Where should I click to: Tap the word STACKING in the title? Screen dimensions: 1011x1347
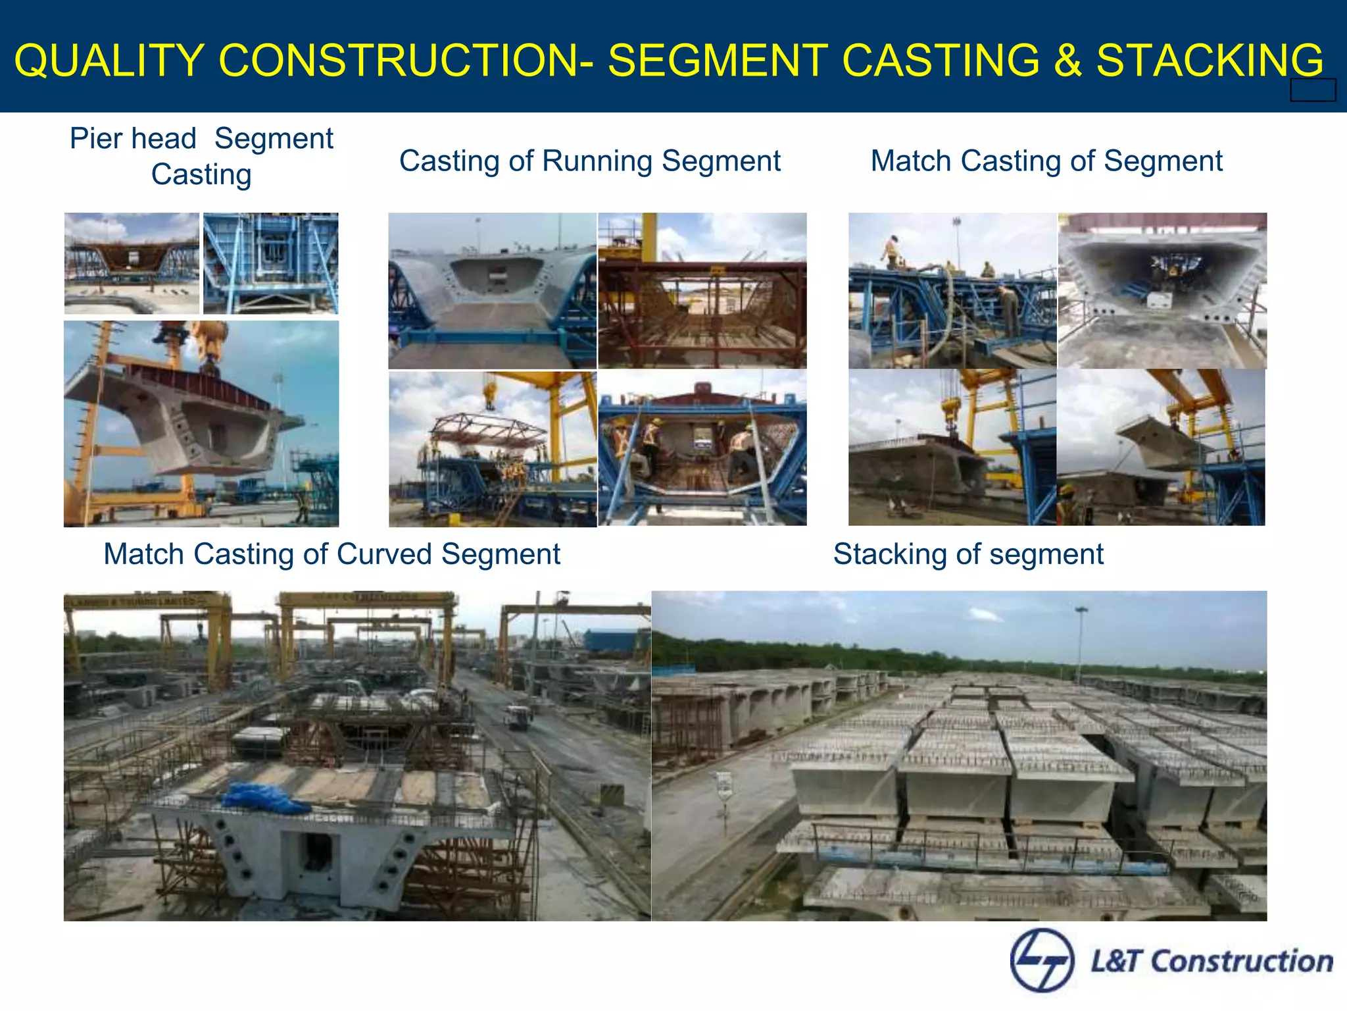1210,61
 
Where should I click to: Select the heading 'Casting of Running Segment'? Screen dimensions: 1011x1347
589,161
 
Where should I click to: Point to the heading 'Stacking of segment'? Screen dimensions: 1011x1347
968,554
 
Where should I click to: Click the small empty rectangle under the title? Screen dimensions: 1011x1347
1313,90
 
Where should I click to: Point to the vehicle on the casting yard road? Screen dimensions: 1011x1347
518,716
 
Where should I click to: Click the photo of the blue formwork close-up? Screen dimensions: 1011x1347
270,263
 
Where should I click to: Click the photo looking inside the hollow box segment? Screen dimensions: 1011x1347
1162,290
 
